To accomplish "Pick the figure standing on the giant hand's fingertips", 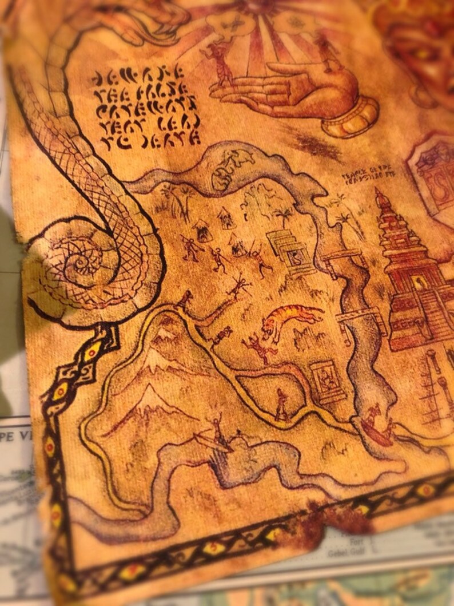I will tap(220, 63).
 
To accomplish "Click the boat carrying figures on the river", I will tap(377, 427).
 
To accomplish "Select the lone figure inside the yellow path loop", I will tap(281, 405).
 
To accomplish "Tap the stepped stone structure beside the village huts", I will tap(290, 249).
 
